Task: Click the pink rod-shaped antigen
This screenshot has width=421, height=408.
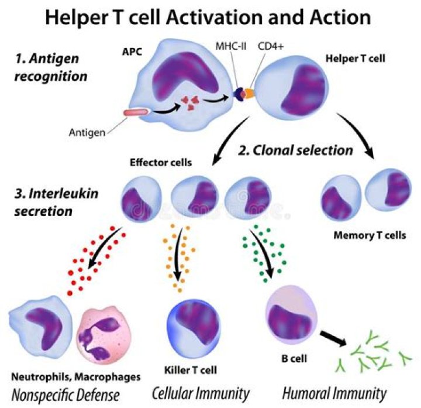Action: (136, 112)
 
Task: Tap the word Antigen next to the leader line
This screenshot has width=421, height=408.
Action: (89, 132)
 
